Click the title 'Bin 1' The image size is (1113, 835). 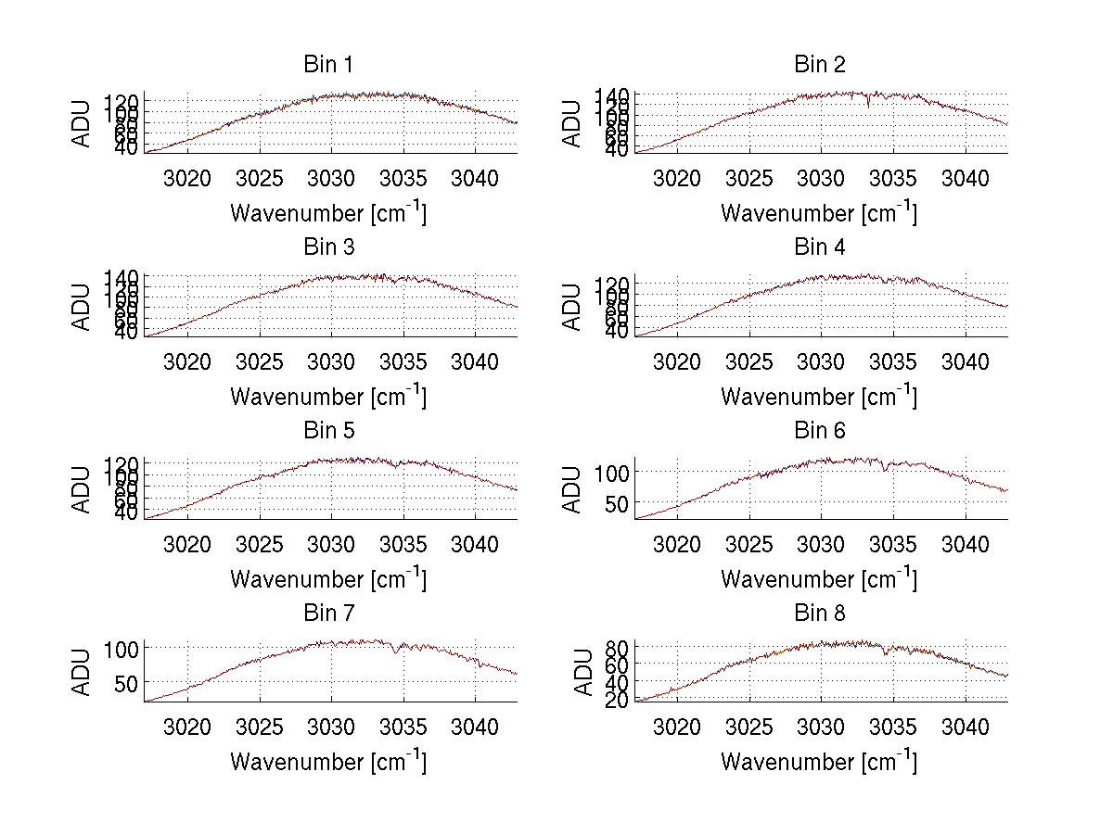327,65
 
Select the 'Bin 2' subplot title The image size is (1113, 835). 819,65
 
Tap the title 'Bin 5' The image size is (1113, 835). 327,431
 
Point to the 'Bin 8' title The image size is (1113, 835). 819,614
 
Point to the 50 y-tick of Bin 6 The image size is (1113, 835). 619,503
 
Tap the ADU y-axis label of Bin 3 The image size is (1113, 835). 83,307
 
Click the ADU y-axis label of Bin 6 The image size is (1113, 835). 573,489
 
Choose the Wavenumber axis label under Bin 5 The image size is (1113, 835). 327,579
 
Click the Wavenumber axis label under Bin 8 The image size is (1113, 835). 819,762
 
